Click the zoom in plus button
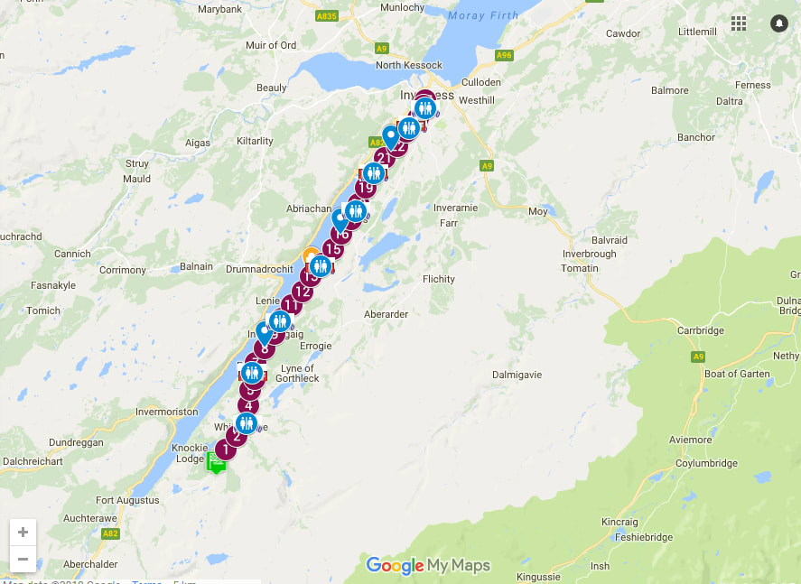(x=23, y=532)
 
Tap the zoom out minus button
(x=23, y=560)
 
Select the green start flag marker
(x=216, y=462)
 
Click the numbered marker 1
(x=223, y=448)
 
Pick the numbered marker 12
(x=303, y=291)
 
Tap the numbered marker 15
(x=333, y=250)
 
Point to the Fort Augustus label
(x=126, y=500)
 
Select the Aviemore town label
(x=664, y=440)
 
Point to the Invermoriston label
(x=166, y=412)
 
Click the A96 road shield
(x=504, y=55)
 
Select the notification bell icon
(x=778, y=23)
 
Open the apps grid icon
(x=739, y=23)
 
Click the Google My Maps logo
(x=428, y=566)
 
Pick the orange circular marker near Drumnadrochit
(x=310, y=255)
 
